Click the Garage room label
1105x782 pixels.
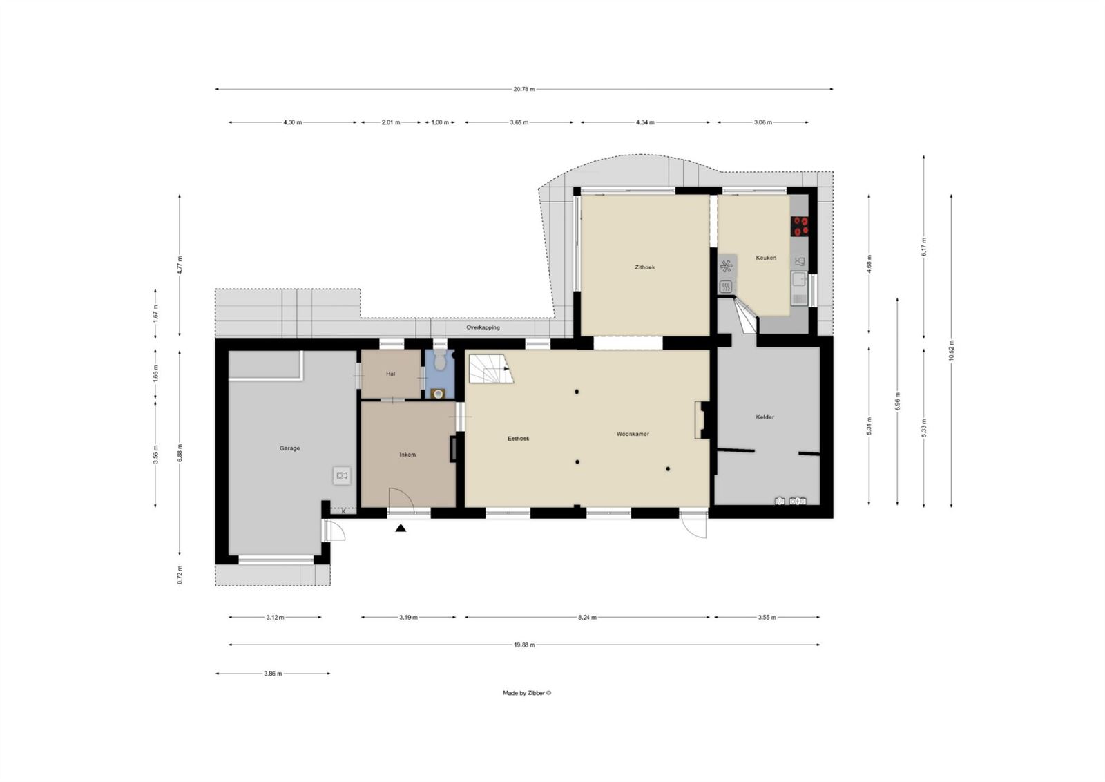(289, 448)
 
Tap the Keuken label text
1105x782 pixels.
(766, 258)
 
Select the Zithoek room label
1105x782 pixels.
(645, 267)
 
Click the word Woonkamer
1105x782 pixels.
(633, 434)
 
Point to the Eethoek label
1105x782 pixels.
(518, 439)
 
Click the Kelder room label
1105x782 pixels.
(765, 417)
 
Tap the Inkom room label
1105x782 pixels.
(407, 455)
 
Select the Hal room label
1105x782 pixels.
(391, 374)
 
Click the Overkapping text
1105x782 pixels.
(483, 327)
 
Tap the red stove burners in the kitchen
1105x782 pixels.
(800, 225)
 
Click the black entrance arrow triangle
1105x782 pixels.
(401, 528)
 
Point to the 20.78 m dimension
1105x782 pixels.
(523, 89)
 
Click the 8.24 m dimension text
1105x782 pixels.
(588, 617)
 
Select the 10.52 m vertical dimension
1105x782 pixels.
(951, 350)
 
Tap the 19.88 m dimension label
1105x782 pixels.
(523, 645)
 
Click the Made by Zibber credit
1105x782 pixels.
(527, 693)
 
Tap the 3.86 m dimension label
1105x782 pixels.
(273, 673)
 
